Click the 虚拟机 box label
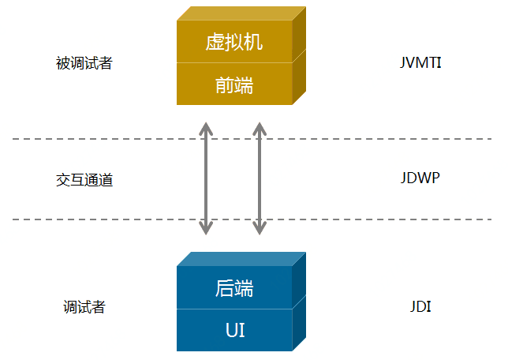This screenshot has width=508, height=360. click(234, 43)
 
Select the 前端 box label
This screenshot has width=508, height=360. click(234, 85)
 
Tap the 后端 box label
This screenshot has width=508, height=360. click(234, 288)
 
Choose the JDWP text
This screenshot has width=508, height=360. click(420, 178)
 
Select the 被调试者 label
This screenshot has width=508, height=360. click(84, 63)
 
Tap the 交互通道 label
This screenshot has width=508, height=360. click(84, 180)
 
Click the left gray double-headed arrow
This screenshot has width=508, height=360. click(206, 178)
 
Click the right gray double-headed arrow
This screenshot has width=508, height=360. click(259, 178)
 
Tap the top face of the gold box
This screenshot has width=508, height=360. click(241, 13)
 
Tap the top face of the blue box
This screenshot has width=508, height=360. click(241, 259)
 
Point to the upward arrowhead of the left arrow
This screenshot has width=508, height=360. click(206, 127)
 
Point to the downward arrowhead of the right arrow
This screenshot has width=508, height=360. click(259, 229)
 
